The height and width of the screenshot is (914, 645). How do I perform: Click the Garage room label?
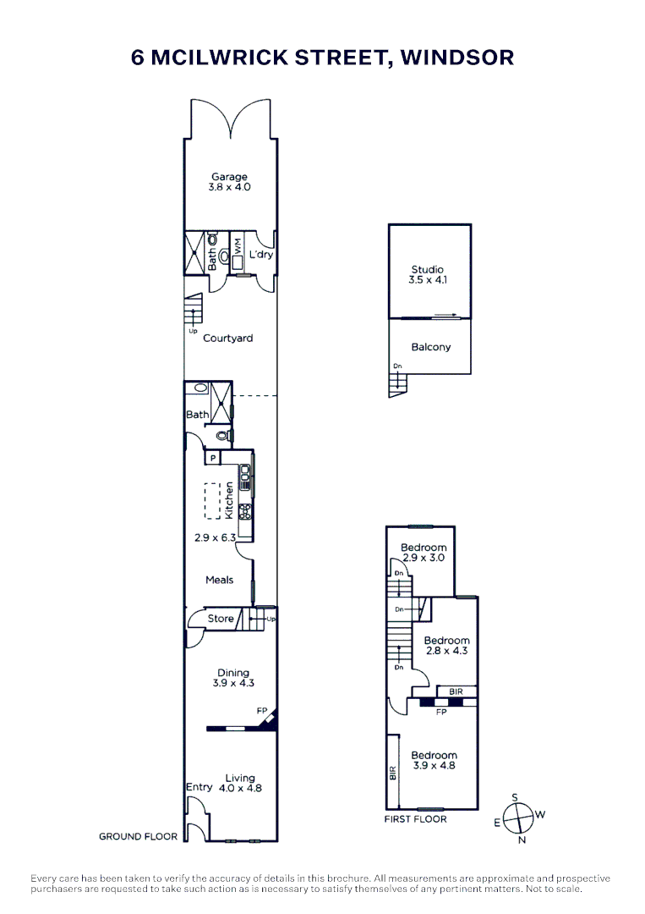pyautogui.click(x=230, y=178)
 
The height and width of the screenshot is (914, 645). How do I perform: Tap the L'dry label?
pyautogui.click(x=260, y=255)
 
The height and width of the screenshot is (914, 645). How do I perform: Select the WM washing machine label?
pyautogui.click(x=238, y=247)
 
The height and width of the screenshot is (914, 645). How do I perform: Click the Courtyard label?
pyautogui.click(x=227, y=339)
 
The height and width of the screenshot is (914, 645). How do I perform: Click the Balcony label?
pyautogui.click(x=430, y=347)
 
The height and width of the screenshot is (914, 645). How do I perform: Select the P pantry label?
pyautogui.click(x=213, y=458)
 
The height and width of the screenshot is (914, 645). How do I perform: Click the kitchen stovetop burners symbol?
pyautogui.click(x=246, y=510)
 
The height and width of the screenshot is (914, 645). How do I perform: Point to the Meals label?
pyautogui.click(x=220, y=580)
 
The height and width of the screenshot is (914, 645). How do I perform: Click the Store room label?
pyautogui.click(x=221, y=619)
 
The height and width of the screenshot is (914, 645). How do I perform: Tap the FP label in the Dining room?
pyautogui.click(x=262, y=712)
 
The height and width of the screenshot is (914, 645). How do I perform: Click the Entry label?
pyautogui.click(x=199, y=788)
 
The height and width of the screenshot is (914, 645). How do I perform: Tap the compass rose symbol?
pyautogui.click(x=517, y=818)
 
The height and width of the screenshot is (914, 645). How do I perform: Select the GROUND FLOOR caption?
pyautogui.click(x=138, y=836)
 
